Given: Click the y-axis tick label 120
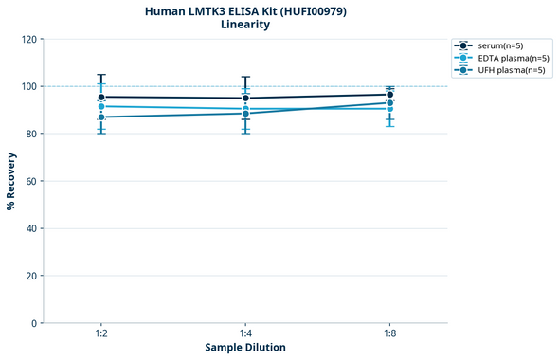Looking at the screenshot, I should (x=27, y=39).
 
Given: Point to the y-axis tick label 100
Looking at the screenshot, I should (x=27, y=86).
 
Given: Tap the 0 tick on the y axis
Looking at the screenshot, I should (x=33, y=323).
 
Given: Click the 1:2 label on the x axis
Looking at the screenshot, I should (x=101, y=334).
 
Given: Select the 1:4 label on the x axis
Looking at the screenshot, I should (x=245, y=334).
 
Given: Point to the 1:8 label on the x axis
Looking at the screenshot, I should (x=389, y=334).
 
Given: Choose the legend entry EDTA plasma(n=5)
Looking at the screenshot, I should (x=511, y=58).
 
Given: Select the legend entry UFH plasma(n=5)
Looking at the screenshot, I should (x=510, y=70).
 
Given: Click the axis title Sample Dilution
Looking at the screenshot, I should (x=245, y=348).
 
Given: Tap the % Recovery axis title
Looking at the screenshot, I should (x=11, y=180).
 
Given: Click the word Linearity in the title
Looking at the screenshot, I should (x=245, y=25).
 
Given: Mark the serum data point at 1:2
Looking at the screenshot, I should (x=101, y=97).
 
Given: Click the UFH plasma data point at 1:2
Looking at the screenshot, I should (x=101, y=117).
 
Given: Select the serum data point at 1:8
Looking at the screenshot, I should (x=389, y=95).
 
